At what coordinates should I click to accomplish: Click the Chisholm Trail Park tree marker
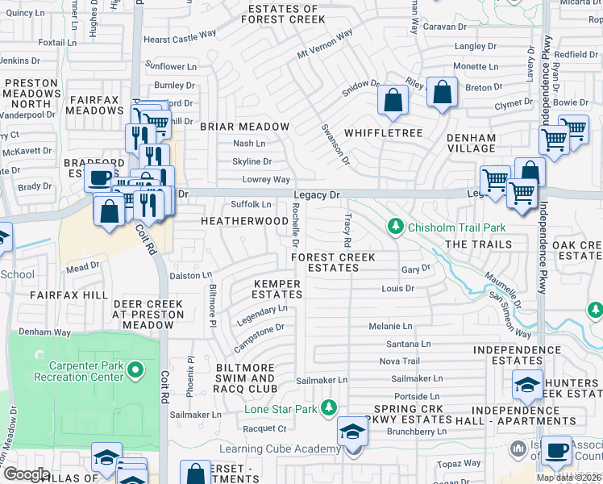coord(395,226)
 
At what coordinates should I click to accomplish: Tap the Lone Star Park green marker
coord(328,408)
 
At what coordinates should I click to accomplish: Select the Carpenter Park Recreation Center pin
coord(135,371)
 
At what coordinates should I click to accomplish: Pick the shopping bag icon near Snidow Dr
coord(393,101)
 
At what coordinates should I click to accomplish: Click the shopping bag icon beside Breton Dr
coord(442,92)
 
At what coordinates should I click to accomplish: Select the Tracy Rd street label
coord(347,231)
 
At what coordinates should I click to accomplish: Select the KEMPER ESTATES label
coord(277,289)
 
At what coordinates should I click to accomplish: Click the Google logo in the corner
coord(26,474)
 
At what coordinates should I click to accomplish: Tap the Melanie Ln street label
coord(390,326)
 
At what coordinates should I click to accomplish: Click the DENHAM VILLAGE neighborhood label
coord(472,143)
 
